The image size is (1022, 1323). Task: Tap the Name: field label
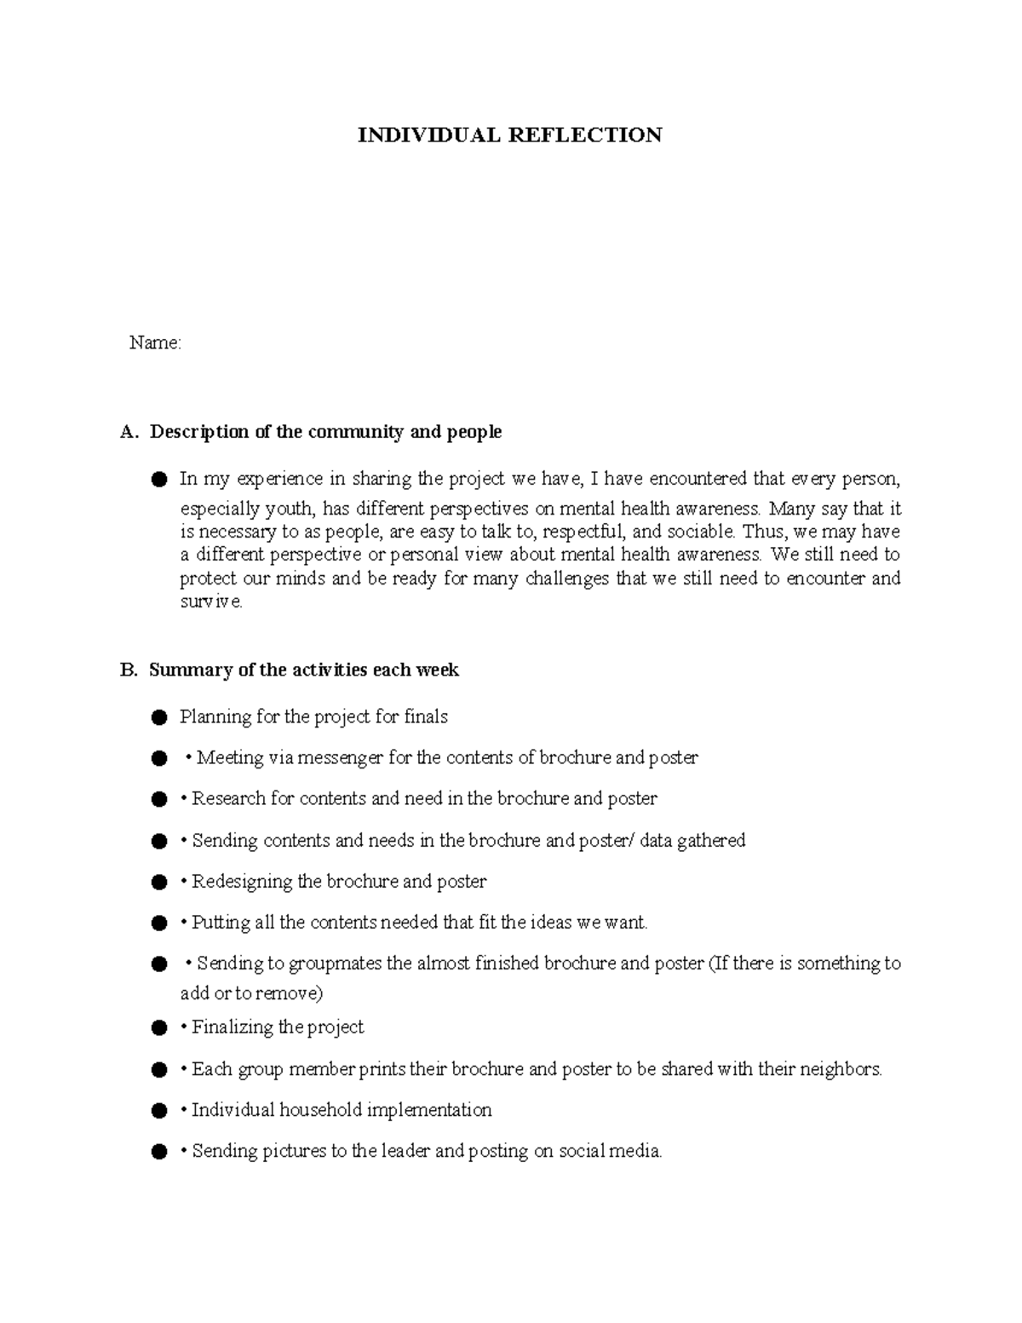pyautogui.click(x=154, y=343)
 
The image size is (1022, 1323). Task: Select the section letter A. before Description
pyautogui.click(x=129, y=432)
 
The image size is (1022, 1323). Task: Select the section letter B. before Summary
pyautogui.click(x=129, y=670)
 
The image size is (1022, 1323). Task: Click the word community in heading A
pyautogui.click(x=356, y=432)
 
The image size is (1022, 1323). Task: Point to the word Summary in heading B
pyautogui.click(x=191, y=670)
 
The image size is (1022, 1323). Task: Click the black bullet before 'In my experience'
pyautogui.click(x=158, y=480)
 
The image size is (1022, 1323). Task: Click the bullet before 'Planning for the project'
pyautogui.click(x=158, y=719)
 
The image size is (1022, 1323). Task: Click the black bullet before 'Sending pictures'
pyautogui.click(x=158, y=1153)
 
